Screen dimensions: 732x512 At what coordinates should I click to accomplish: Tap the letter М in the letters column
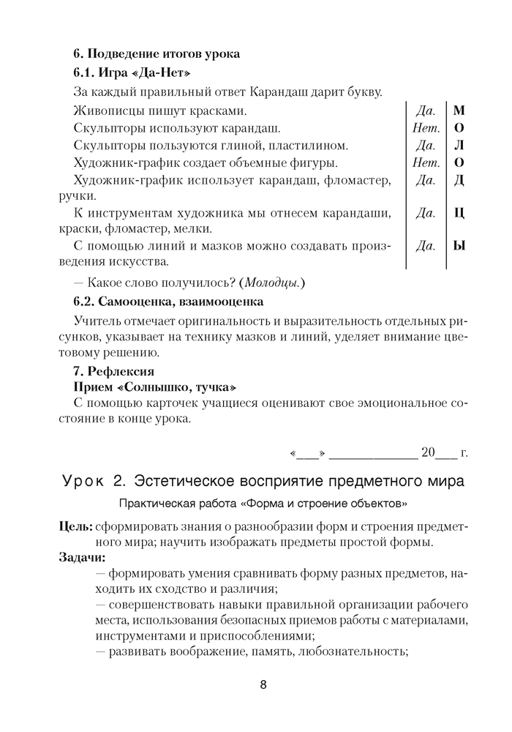pos(459,111)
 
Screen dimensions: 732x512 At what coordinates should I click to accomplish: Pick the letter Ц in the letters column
pos(459,214)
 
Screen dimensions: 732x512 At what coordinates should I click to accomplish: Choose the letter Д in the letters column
pos(459,180)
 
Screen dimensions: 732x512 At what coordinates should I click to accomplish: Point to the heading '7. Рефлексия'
pos(113,371)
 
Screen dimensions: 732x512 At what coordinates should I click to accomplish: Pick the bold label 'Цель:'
pos(75,526)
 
